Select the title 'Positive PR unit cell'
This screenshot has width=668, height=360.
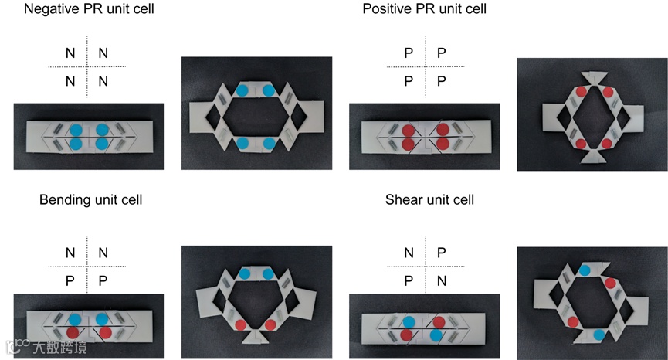(x=424, y=9)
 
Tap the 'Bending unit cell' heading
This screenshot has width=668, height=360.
(x=90, y=200)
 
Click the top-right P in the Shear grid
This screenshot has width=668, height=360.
(x=441, y=253)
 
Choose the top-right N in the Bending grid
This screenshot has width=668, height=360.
(x=103, y=253)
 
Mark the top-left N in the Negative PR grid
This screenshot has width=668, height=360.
(x=70, y=53)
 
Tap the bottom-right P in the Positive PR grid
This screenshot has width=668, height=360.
(x=441, y=81)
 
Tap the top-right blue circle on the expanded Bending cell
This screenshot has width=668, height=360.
(x=267, y=273)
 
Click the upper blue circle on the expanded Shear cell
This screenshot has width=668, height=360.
(x=585, y=270)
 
